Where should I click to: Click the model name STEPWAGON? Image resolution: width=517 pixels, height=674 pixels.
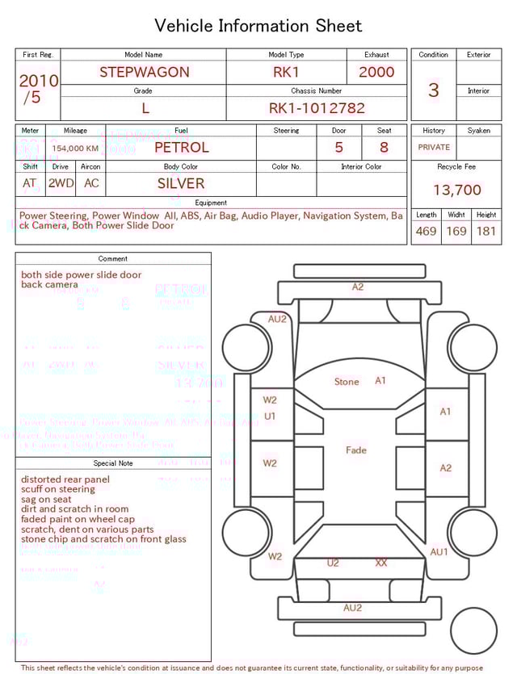pyautogui.click(x=144, y=72)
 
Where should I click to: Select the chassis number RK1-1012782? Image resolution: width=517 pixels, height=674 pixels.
pyautogui.click(x=317, y=108)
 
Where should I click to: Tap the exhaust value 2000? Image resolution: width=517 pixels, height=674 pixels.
pyautogui.click(x=376, y=72)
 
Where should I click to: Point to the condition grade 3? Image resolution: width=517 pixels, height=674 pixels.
pyautogui.click(x=433, y=90)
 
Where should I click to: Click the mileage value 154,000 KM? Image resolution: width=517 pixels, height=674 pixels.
pyautogui.click(x=75, y=149)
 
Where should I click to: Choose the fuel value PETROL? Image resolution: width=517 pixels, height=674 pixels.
pyautogui.click(x=181, y=148)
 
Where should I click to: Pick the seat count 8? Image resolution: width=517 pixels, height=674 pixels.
pyautogui.click(x=384, y=148)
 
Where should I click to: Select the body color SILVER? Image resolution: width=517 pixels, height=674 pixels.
pyautogui.click(x=181, y=183)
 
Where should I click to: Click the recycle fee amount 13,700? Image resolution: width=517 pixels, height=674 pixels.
pyautogui.click(x=456, y=190)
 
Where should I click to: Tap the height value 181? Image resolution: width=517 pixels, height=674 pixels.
pyautogui.click(x=486, y=231)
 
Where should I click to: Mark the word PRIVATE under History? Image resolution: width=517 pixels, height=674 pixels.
pyautogui.click(x=434, y=148)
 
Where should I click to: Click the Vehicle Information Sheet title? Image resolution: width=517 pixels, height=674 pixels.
pyautogui.click(x=258, y=26)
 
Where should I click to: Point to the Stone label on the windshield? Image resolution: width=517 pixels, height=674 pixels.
pyautogui.click(x=347, y=382)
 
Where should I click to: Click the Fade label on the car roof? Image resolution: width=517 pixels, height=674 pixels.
pyautogui.click(x=355, y=450)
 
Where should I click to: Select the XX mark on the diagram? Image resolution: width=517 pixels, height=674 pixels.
pyautogui.click(x=381, y=563)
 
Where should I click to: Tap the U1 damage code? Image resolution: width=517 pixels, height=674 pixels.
pyautogui.click(x=270, y=417)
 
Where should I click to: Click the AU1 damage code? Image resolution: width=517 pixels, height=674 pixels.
pyautogui.click(x=439, y=552)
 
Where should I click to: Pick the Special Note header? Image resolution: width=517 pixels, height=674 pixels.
pyautogui.click(x=113, y=463)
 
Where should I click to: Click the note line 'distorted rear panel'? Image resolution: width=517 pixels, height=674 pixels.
pyautogui.click(x=65, y=479)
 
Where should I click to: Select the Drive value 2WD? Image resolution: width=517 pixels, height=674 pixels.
pyautogui.click(x=61, y=183)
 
